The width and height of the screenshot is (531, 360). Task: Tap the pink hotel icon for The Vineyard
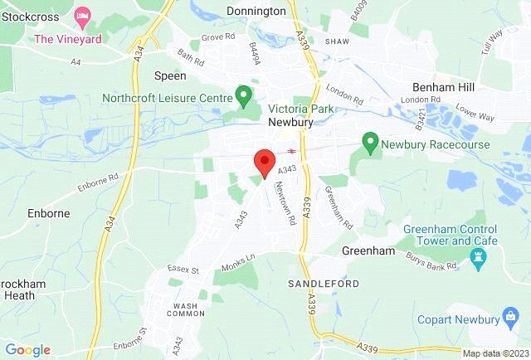click(83, 17)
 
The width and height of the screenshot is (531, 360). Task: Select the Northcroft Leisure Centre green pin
click(243, 96)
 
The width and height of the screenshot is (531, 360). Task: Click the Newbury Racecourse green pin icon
click(370, 144)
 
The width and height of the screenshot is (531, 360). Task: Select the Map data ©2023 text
click(494, 353)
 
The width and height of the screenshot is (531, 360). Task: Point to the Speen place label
click(171, 75)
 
